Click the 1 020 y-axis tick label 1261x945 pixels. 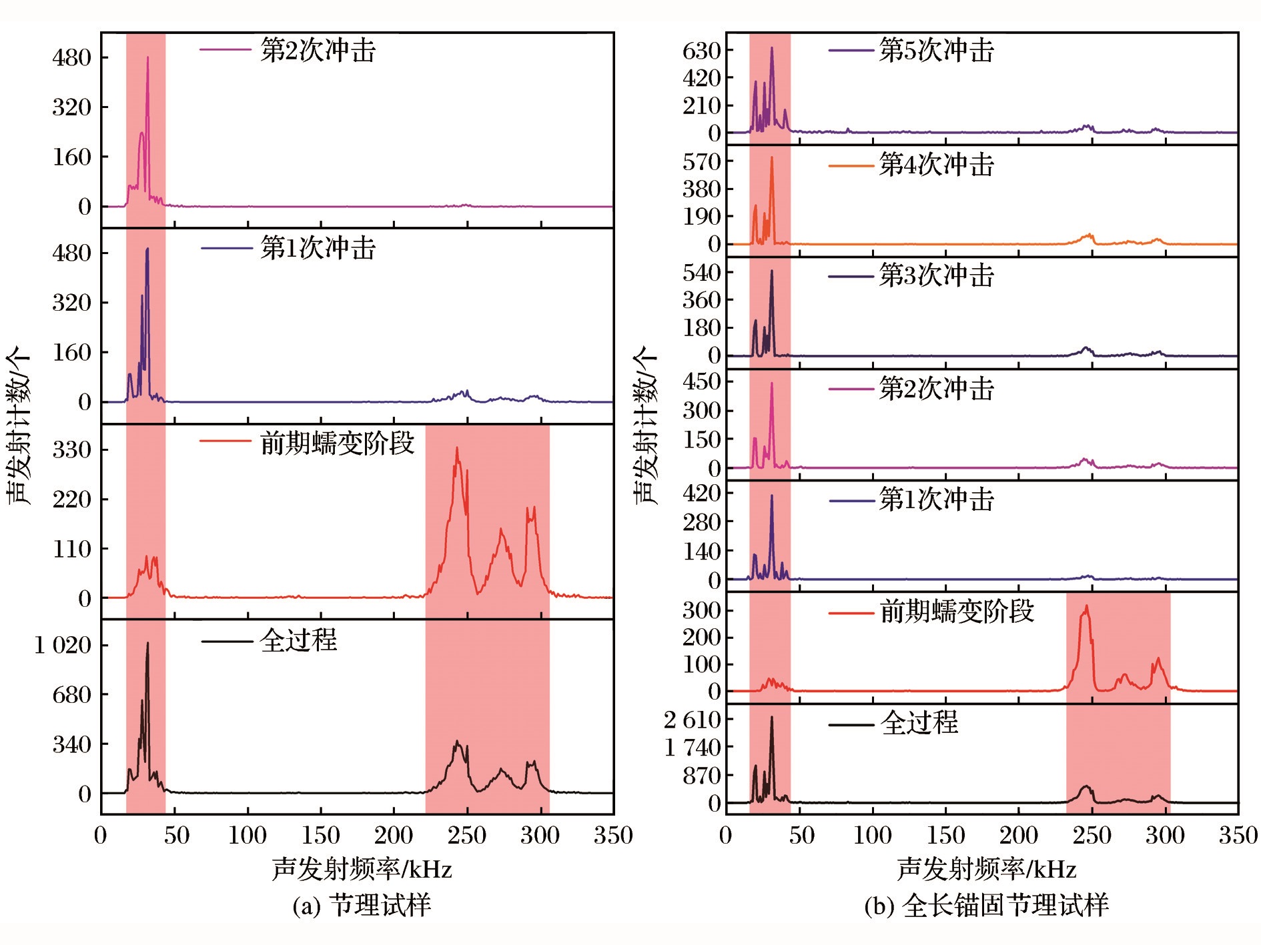click(63, 645)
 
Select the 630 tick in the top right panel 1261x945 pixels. click(701, 51)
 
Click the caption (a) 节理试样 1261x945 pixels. click(362, 906)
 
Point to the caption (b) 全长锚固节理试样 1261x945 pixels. click(986, 906)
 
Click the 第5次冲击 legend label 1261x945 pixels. click(936, 51)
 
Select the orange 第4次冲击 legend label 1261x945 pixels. click(936, 165)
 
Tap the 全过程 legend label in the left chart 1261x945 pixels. click(298, 641)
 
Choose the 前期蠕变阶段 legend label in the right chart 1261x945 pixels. click(957, 611)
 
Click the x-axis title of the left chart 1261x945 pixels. click(362, 870)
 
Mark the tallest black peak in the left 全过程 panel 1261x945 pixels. click(147, 644)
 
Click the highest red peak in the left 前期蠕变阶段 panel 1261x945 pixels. click(457, 448)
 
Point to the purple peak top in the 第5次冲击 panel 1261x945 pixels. click(772, 48)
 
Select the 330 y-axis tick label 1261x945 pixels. click(71, 450)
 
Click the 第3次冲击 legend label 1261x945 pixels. click(936, 275)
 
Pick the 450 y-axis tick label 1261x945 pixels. click(701, 382)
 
